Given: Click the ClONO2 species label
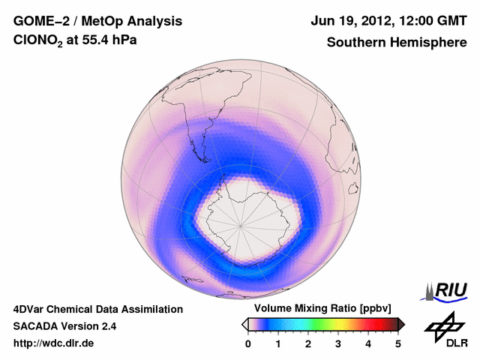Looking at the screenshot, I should pos(38,43).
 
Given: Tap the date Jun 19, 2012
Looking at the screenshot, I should pos(349,20).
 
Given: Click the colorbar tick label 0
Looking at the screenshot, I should pos(248,343).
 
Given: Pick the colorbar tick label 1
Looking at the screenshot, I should pos(278,343).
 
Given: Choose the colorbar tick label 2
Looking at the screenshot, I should pos(308,343).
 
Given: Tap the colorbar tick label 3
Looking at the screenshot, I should pos(338,343).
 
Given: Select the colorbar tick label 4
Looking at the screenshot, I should pos(368,343).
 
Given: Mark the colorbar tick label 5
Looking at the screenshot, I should pos(398,343).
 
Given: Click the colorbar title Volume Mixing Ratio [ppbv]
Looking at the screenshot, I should pos(319,309).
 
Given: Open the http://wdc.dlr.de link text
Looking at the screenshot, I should pos(54,343).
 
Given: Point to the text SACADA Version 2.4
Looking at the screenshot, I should pos(64,326).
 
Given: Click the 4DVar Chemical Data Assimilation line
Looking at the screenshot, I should pos(97,309).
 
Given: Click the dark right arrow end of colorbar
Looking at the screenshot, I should pos(401,324).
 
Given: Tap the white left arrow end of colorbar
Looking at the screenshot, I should pos(244,324).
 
